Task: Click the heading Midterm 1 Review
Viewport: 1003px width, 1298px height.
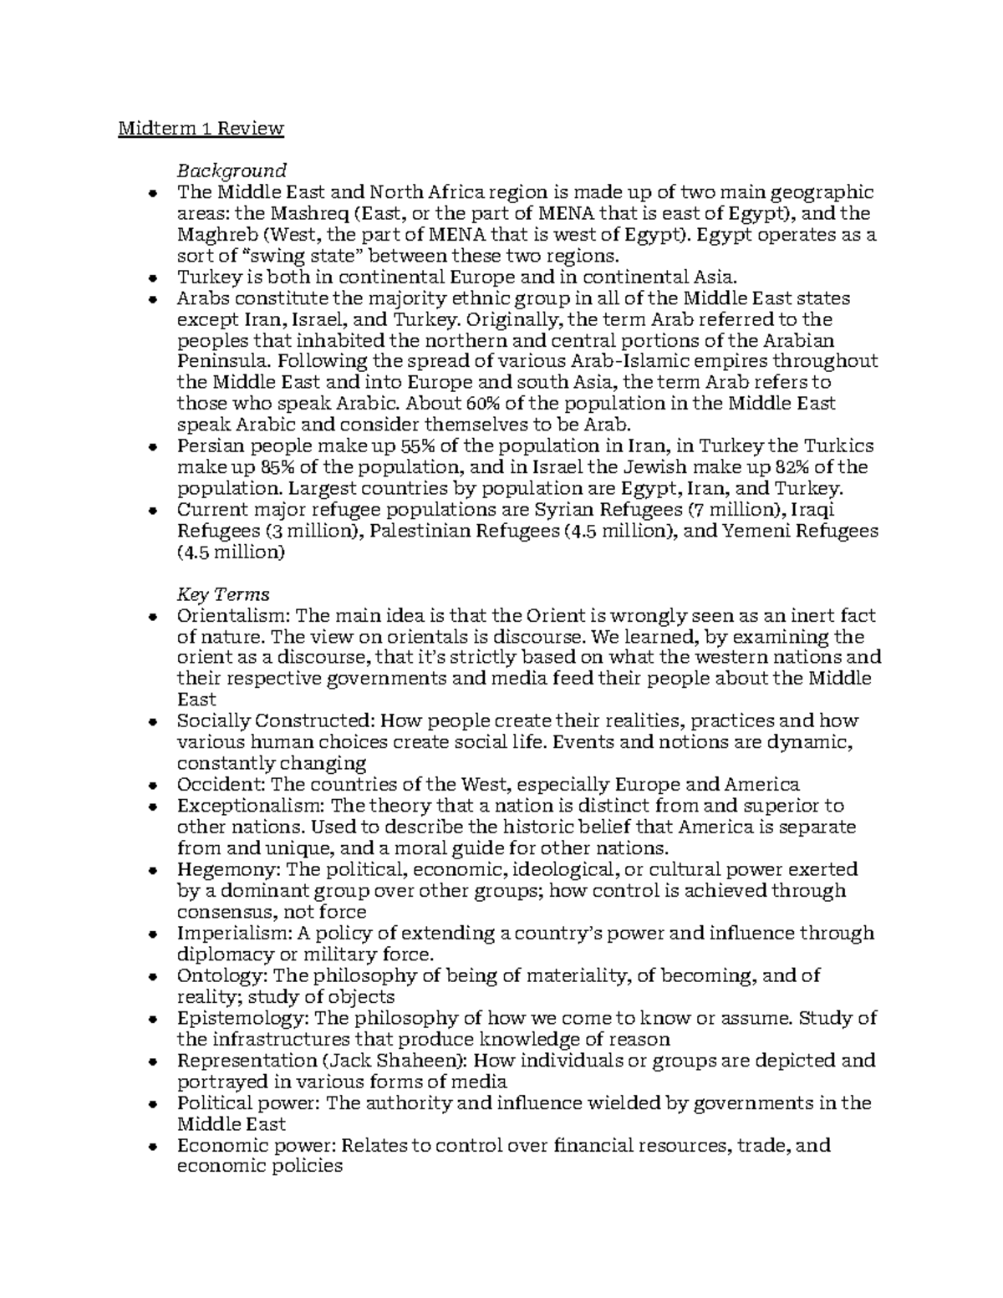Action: pos(201,129)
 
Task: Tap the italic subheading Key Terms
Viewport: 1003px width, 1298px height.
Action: pos(222,594)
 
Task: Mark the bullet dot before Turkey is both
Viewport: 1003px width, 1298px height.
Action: pos(151,278)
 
